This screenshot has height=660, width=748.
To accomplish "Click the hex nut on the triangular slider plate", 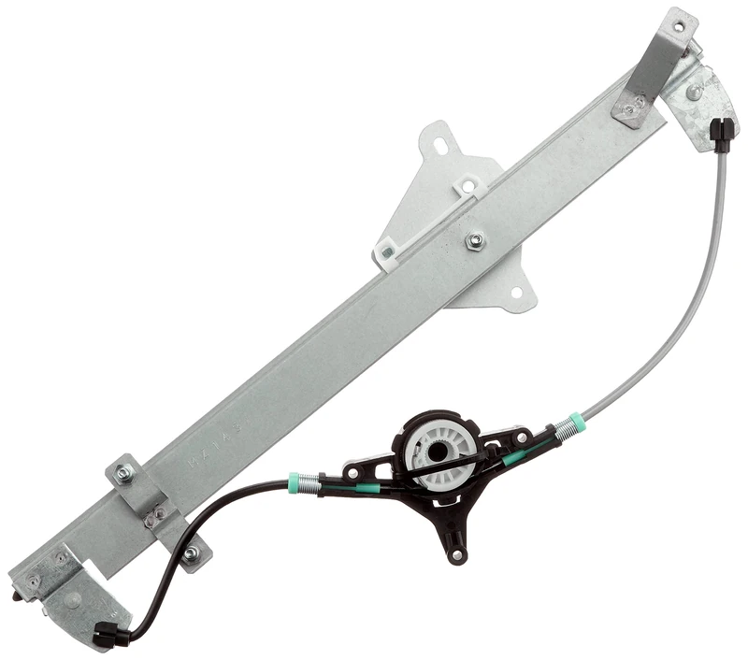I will click(474, 240).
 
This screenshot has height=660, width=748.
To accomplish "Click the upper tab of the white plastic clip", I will click(465, 187).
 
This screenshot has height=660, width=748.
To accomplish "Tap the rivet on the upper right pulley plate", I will click(696, 91).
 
